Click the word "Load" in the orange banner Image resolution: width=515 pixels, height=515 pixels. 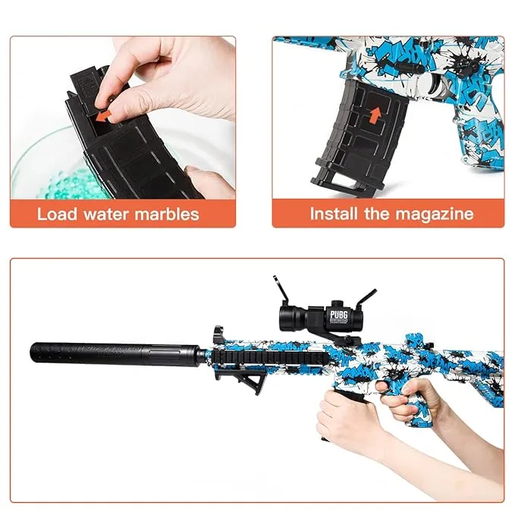point(58,214)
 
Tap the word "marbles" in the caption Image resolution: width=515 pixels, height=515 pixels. point(165,214)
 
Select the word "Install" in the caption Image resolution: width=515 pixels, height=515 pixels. point(334,214)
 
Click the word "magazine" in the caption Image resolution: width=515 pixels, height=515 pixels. point(439,214)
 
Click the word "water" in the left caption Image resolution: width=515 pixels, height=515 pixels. point(105,214)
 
